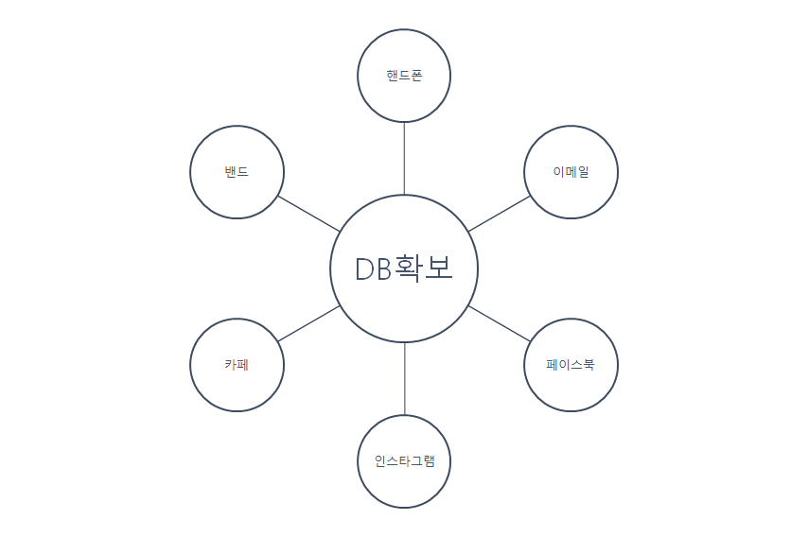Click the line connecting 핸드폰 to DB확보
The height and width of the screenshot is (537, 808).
(x=404, y=158)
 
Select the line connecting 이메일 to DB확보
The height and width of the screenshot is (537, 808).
(x=500, y=214)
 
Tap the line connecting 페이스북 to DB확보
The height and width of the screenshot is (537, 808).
(x=499, y=323)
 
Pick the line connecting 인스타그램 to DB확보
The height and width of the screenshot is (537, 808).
(x=404, y=379)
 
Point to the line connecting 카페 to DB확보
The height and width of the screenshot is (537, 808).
(x=308, y=323)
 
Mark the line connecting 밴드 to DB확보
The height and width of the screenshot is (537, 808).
(x=308, y=214)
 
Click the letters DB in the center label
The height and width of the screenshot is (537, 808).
(x=373, y=269)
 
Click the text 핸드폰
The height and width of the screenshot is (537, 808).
(x=404, y=76)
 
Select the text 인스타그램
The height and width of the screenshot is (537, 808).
(x=404, y=462)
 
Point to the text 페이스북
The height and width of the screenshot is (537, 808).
(x=571, y=365)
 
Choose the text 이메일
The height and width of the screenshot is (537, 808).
(x=571, y=172)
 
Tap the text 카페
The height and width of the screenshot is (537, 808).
(x=237, y=365)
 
